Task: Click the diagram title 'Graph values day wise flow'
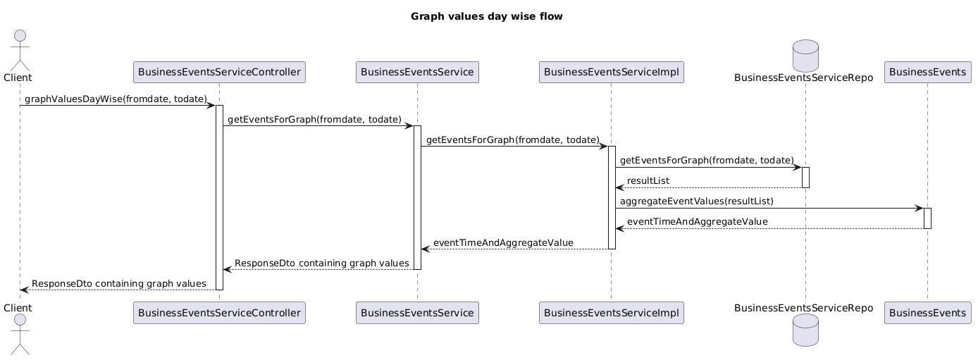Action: coord(486,17)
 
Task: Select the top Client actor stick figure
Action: coord(20,50)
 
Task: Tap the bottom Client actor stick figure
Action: coord(20,334)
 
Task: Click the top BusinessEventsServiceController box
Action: coord(219,72)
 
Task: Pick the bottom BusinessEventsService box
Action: coord(417,313)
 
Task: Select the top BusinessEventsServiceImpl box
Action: coord(612,72)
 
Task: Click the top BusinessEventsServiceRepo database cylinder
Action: coord(805,56)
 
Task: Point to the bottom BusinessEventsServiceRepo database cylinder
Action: coord(805,330)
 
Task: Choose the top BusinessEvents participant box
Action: coord(927,72)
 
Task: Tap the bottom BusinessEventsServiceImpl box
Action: coord(612,313)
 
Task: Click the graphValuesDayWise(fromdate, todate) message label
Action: coord(116,99)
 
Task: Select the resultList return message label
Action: coord(648,180)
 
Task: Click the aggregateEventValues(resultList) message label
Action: coord(696,201)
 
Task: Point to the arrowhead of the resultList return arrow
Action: coord(619,188)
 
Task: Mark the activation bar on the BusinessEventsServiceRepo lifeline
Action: coord(805,178)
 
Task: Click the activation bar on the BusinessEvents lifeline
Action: coord(927,218)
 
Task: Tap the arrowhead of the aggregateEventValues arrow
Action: coord(920,209)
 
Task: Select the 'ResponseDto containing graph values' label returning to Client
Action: coord(119,284)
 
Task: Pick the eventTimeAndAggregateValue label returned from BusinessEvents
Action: coord(698,222)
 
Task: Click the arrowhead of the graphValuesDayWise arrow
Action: coord(211,106)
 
